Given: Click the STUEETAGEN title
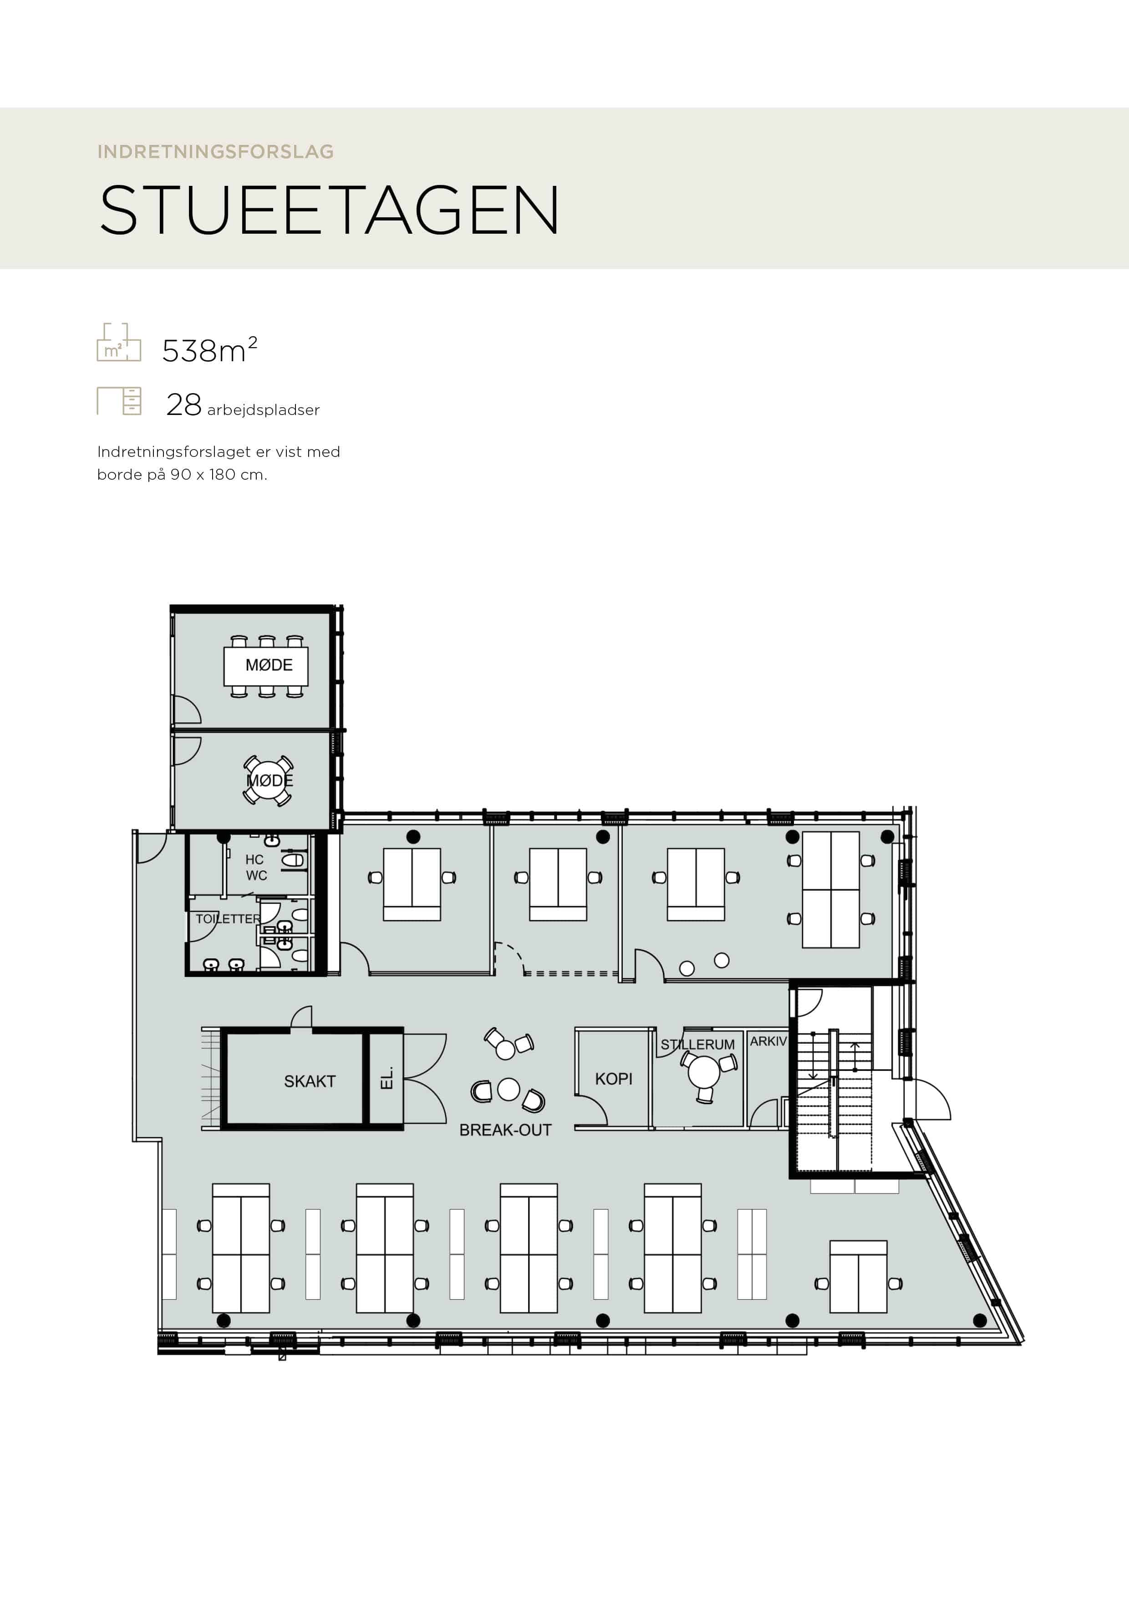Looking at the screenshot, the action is click(x=329, y=210).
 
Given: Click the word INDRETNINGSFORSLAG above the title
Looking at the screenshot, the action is click(x=216, y=152).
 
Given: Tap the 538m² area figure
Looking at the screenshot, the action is click(x=209, y=350).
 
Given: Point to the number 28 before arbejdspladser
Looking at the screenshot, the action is click(x=183, y=405).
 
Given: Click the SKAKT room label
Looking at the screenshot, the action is click(x=310, y=1081).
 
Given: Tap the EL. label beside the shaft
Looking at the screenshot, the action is click(x=387, y=1078).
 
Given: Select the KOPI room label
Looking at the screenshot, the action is click(x=614, y=1079).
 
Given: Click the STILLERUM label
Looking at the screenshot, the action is click(x=698, y=1045).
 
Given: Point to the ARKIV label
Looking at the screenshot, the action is click(x=768, y=1041).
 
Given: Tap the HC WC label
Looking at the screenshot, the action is click(x=256, y=867).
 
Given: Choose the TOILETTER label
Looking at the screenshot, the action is click(x=228, y=919).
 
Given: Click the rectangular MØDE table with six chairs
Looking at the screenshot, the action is click(x=266, y=666).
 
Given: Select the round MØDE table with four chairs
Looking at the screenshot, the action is click(x=269, y=780).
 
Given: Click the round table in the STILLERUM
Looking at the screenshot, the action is click(x=704, y=1072).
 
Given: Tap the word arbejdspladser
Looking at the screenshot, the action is click(x=263, y=410).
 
